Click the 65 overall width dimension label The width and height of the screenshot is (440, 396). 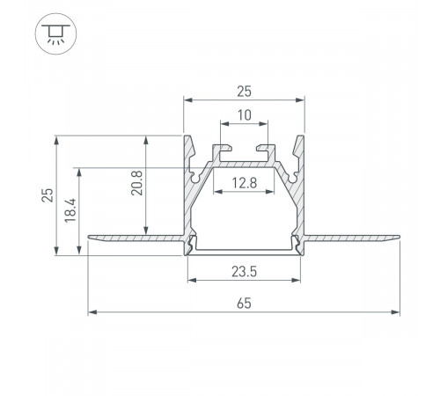tap(244, 303)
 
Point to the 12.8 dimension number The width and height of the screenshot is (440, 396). tap(244, 183)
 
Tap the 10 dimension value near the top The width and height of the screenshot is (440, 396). tap(244, 114)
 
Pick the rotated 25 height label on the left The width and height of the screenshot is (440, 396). tap(48, 195)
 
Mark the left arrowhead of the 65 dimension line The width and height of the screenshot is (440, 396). tap(92, 311)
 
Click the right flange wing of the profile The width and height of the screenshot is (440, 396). tap(352, 237)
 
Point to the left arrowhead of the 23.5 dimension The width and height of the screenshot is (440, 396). tap(189, 282)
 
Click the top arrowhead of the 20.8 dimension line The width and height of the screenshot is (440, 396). tap(147, 139)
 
